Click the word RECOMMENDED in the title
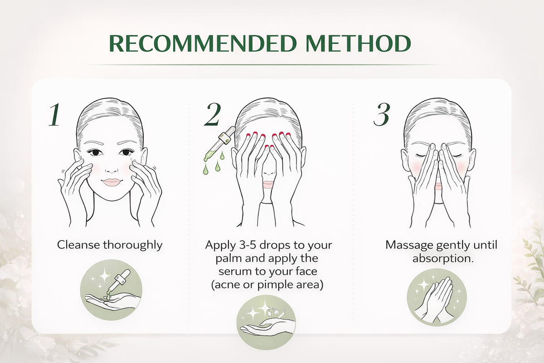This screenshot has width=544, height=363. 203,44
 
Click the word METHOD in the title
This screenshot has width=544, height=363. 358,44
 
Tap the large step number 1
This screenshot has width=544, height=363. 55,114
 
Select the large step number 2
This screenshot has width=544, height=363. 213,114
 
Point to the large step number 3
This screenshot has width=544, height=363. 382,114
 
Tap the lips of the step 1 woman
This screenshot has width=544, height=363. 111,182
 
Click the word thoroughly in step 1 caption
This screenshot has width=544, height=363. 132,245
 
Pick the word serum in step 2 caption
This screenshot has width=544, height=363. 234,272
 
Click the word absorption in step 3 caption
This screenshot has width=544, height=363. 443,259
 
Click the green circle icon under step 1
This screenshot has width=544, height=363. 111,290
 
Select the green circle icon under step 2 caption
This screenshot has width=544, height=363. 266,323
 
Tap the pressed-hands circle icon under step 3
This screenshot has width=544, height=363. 437,297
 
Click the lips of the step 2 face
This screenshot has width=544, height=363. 268,185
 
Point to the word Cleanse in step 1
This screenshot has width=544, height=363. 79,245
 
